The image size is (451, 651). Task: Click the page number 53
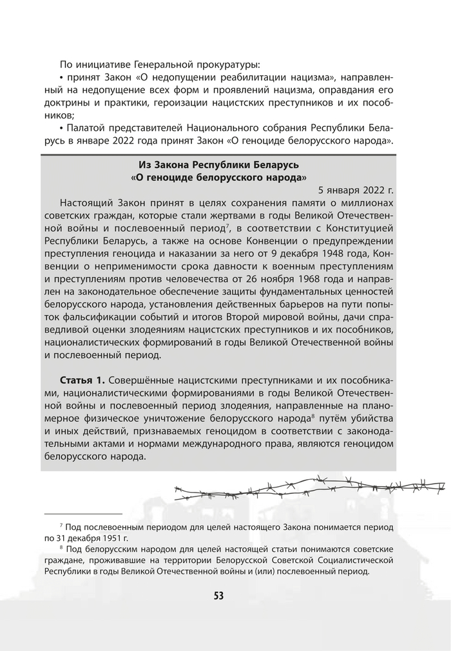click(218, 595)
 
